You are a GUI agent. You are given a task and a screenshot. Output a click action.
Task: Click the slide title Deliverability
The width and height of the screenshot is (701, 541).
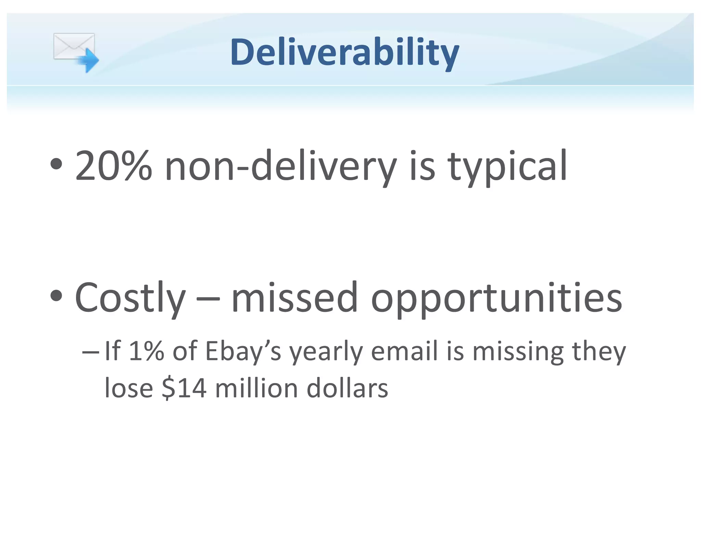pos(344,52)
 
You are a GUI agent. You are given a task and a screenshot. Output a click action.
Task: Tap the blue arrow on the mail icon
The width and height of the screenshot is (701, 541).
pos(88,60)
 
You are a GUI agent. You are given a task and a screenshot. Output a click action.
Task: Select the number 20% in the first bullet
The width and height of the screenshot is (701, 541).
pos(113,166)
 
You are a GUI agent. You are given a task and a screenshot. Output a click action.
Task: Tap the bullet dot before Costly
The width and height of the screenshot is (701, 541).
pos(56,296)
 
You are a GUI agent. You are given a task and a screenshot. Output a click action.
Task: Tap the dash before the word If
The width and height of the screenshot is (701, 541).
pos(91,352)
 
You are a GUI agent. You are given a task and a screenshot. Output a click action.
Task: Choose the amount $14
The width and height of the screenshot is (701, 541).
pos(184,388)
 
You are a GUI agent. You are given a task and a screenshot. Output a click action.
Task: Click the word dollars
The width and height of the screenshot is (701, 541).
pos(347,388)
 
